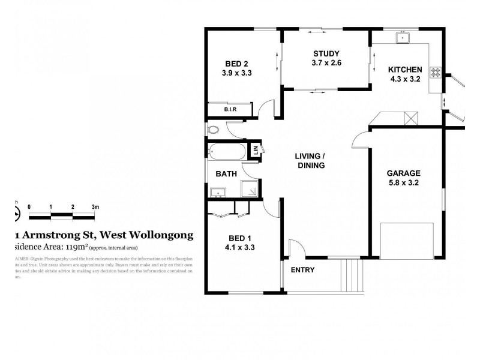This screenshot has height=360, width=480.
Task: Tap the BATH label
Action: click(x=226, y=174)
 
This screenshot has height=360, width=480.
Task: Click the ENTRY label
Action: click(x=302, y=270)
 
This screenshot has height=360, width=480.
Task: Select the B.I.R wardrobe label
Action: click(x=230, y=109)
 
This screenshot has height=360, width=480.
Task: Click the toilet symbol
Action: click(x=213, y=129)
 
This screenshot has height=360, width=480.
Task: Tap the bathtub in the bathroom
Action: click(x=226, y=151)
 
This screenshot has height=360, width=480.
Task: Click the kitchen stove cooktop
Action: click(x=435, y=71)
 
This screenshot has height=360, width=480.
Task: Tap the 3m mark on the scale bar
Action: click(x=95, y=206)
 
